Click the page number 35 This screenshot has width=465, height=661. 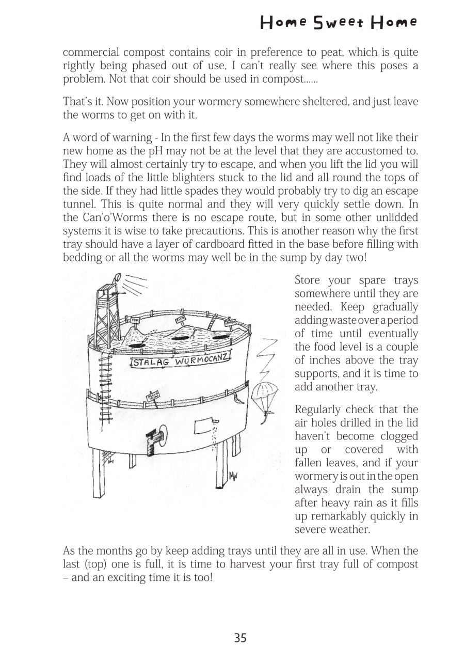click(x=240, y=638)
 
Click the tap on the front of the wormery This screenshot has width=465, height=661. click(x=154, y=438)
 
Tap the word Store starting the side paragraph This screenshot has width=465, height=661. click(x=308, y=280)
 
